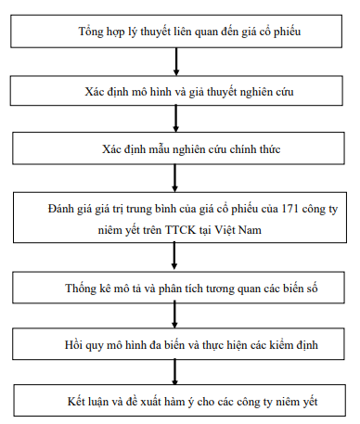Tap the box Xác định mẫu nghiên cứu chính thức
(x=176, y=148)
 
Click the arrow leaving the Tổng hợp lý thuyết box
(x=176, y=61)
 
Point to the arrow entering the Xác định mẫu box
(x=176, y=119)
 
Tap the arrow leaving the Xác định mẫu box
(x=176, y=178)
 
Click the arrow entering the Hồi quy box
(x=176, y=317)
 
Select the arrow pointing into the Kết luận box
(x=176, y=373)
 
